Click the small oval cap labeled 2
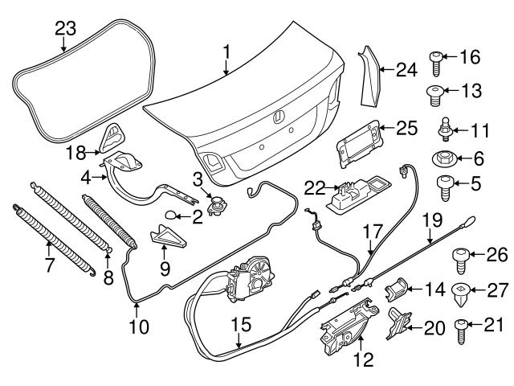click(x=173, y=215)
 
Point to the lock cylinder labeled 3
click(x=215, y=203)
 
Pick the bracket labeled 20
click(x=398, y=326)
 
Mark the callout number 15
click(x=241, y=326)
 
